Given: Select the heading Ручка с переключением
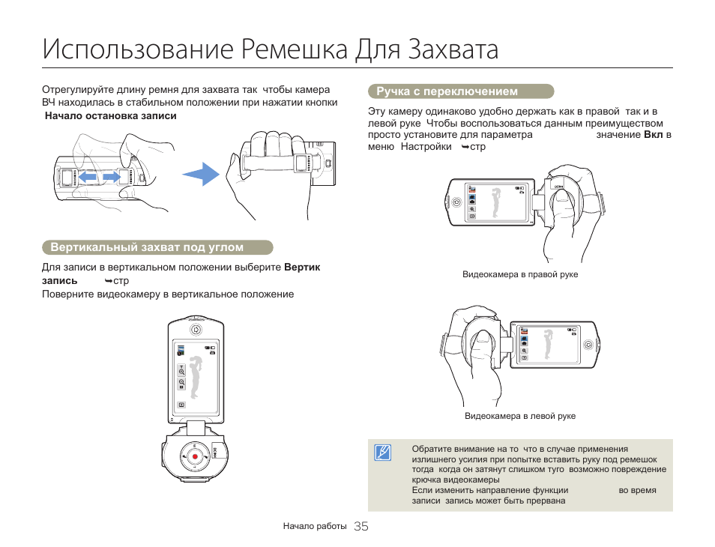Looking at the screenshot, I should [x=447, y=91].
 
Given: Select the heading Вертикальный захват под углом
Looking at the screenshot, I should [x=147, y=247].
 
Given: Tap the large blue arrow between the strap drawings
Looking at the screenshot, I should [x=200, y=175].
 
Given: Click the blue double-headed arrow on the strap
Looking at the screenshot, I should [x=100, y=177].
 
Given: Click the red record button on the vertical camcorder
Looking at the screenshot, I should [x=195, y=456].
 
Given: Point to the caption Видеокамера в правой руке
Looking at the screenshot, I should [x=520, y=275].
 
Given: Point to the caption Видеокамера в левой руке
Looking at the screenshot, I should [x=520, y=416].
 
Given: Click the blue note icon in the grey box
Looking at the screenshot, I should [x=383, y=452].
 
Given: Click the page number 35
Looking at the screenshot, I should [x=360, y=527].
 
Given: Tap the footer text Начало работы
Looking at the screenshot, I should [x=315, y=527].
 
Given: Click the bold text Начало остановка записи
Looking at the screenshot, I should [x=111, y=116].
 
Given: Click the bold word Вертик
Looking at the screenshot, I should [x=302, y=268].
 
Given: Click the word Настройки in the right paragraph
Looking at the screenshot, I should [x=426, y=147].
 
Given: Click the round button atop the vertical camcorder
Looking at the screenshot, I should [x=196, y=329].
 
